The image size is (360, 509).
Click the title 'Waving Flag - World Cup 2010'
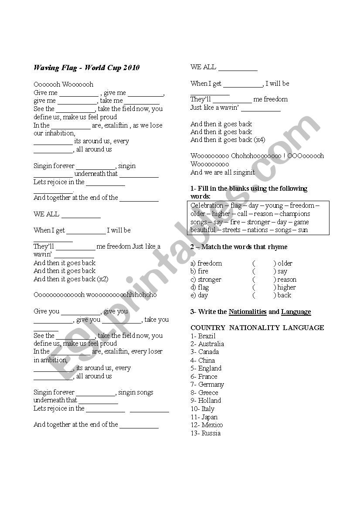(86, 68)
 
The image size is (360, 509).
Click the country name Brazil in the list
(207, 336)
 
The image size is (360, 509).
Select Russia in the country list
(211, 433)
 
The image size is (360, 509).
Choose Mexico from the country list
(212, 425)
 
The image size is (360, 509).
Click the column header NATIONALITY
(253, 327)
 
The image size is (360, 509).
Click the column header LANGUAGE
(303, 327)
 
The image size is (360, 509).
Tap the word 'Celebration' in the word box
(207, 206)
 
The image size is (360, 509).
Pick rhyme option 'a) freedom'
(206, 263)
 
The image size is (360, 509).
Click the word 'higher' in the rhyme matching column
(286, 287)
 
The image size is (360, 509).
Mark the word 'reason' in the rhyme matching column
(286, 280)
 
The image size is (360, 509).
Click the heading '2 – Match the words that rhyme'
(239, 247)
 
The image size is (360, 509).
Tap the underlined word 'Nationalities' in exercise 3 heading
(248, 312)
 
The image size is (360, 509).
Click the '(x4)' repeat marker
(259, 140)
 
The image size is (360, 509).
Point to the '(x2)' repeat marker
(103, 279)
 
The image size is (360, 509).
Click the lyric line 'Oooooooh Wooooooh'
(63, 84)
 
